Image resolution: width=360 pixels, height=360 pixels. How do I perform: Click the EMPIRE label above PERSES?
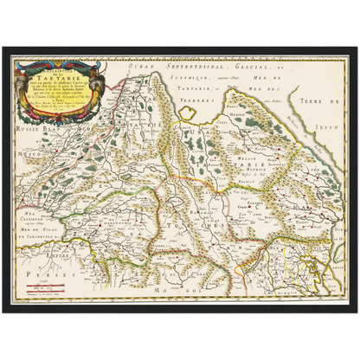48,254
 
